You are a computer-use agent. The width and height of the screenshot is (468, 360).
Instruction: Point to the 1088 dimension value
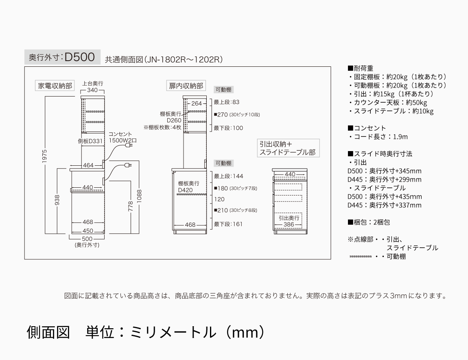coord(139,196)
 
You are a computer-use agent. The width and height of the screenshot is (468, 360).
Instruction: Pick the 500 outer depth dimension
coord(87,239)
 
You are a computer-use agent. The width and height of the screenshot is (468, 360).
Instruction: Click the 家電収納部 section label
coord(55,86)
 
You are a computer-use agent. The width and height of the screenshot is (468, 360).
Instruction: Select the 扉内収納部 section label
coord(186,86)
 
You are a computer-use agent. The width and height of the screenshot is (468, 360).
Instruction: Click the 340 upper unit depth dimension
coord(93,90)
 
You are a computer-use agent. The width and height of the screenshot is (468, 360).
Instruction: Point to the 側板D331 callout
coord(90,141)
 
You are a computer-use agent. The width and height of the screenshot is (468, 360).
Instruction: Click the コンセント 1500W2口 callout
coord(120,137)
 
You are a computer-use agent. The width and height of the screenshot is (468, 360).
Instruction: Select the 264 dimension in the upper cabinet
coord(197,103)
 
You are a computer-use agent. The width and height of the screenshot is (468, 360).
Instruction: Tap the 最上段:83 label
coord(227,102)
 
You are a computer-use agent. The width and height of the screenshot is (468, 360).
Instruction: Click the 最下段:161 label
coord(228,224)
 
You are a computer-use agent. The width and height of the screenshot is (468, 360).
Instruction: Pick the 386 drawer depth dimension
coord(289,224)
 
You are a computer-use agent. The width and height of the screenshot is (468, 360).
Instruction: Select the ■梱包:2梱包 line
coord(369,222)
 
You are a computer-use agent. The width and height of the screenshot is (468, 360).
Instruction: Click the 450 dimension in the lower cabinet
coord(88,231)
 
